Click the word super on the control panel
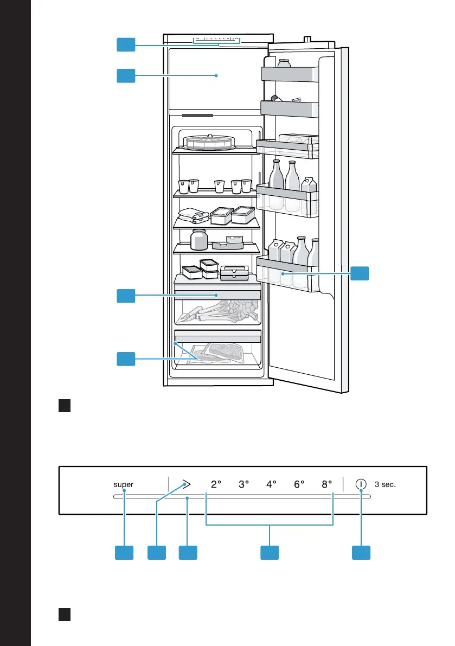tap(124, 484)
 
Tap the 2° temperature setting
tap(216, 484)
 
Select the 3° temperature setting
tap(243, 484)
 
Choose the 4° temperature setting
tap(272, 484)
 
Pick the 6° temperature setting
tap(299, 484)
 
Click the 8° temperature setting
tap(326, 484)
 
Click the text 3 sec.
tap(386, 484)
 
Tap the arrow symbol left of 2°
tap(187, 484)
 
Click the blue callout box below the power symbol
tap(361, 553)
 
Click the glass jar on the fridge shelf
tap(199, 239)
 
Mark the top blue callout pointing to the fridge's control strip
tap(126, 45)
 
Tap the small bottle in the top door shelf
tap(284, 64)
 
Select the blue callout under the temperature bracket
tap(270, 553)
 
